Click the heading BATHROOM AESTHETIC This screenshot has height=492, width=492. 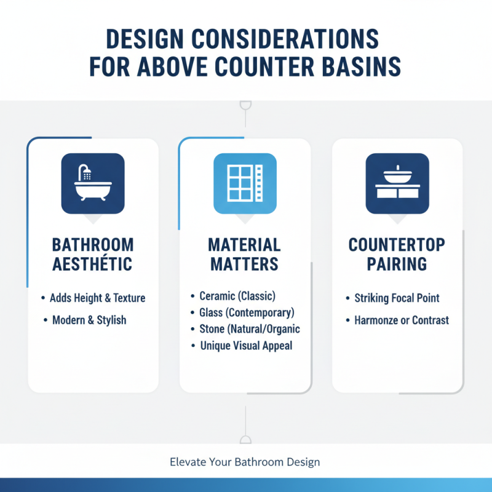point(93,255)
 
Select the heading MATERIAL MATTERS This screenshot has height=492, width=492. point(245,255)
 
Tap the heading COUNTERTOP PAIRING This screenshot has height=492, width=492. point(397,255)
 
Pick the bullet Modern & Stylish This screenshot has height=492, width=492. point(89,320)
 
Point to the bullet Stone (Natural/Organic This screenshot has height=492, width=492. point(250,329)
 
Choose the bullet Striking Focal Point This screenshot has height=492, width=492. point(397,298)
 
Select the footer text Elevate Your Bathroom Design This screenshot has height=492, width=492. point(245,462)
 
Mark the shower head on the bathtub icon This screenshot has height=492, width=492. point(85,173)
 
